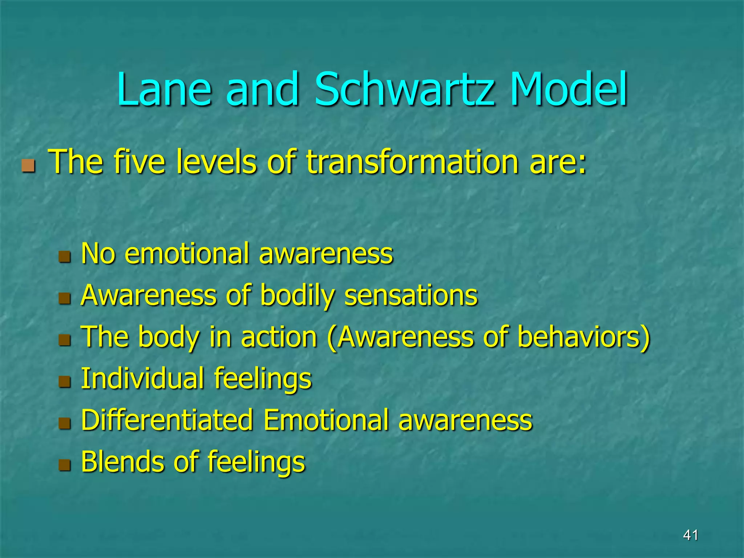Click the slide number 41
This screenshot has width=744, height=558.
(690, 535)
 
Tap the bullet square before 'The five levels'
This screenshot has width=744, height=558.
(28, 166)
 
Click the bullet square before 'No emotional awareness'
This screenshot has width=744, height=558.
(65, 257)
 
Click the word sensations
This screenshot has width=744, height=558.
(411, 295)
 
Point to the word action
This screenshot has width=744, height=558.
(279, 337)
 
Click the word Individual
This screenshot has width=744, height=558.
(142, 379)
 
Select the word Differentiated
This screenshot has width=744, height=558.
(167, 420)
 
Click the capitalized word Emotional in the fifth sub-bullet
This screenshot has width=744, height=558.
(325, 420)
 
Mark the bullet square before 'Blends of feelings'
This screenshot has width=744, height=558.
(65, 465)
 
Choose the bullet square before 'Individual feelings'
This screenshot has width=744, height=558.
(65, 382)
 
